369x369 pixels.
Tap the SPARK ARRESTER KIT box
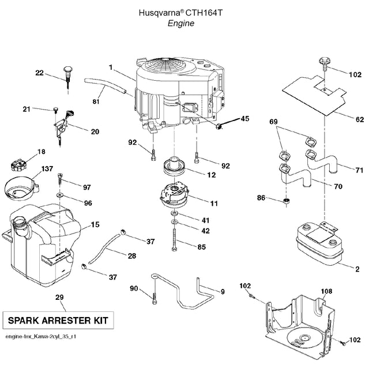pos(58,319)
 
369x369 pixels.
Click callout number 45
pos(244,119)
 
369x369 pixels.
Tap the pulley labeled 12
pos(174,168)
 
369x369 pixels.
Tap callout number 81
pos(96,102)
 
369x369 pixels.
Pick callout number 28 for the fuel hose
pos(132,255)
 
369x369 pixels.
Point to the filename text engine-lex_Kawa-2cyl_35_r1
pos(40,336)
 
